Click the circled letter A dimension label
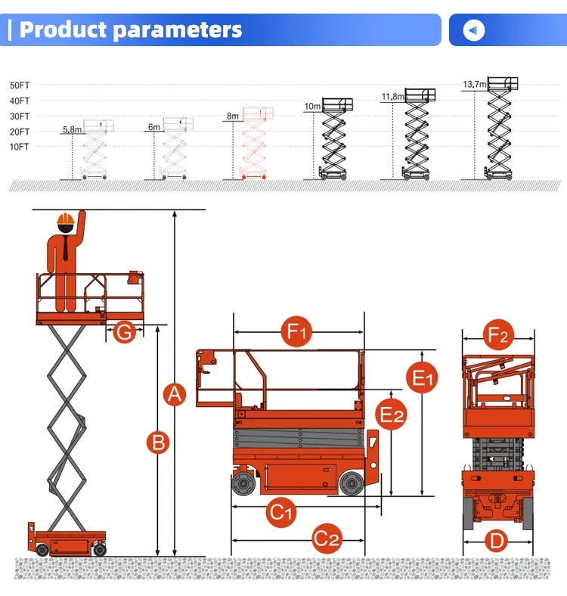175,394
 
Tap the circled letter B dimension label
157,442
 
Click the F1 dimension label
296,332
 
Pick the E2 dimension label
392,414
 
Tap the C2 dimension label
327,540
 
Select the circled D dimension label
496,541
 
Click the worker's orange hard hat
66,222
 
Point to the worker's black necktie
66,247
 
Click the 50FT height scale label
20,85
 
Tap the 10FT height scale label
20,147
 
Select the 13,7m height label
475,84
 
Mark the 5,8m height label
72,129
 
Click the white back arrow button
474,30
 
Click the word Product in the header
64,30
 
